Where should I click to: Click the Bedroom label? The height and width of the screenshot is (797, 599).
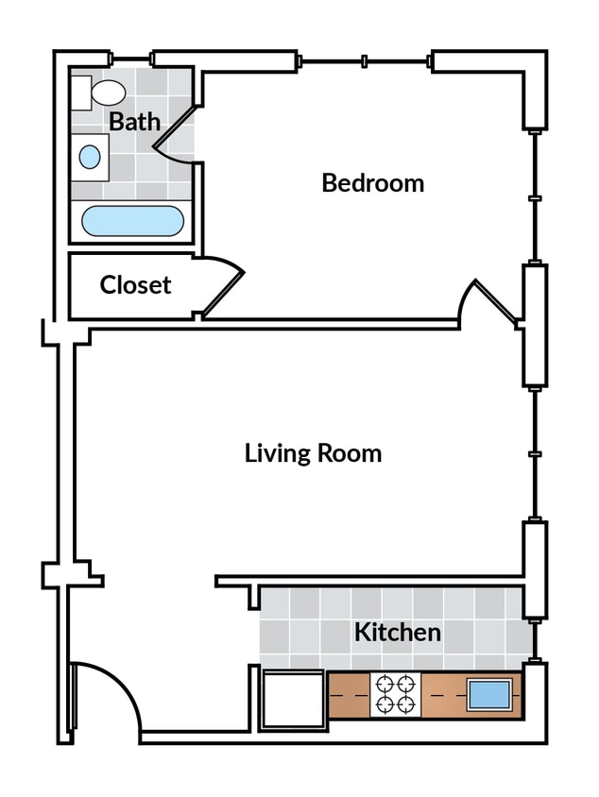click(372, 182)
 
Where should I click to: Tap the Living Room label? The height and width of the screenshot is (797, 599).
click(313, 453)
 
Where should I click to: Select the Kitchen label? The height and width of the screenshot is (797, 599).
click(397, 632)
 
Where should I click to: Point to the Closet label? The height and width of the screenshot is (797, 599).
click(135, 284)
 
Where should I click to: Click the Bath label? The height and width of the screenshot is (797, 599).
click(134, 121)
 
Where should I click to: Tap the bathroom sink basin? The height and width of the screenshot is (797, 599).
click(89, 157)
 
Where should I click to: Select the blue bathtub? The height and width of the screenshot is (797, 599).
click(131, 222)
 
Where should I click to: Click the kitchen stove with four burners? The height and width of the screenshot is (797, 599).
click(396, 694)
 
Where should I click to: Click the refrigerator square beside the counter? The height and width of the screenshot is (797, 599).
click(293, 699)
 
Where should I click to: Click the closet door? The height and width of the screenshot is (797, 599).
click(222, 283)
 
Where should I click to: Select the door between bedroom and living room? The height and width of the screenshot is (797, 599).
click(489, 302)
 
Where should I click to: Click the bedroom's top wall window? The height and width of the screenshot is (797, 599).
click(364, 62)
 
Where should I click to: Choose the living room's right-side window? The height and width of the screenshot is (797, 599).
click(535, 453)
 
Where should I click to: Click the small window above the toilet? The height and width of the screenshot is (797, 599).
click(131, 59)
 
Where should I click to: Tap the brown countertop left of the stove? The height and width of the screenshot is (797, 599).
click(349, 695)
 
